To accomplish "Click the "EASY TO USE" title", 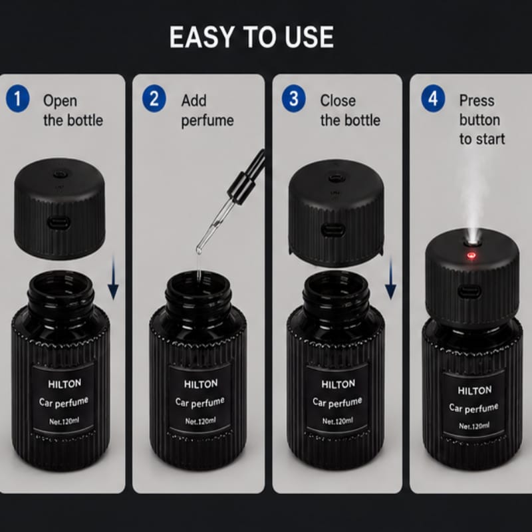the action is (x=251, y=37).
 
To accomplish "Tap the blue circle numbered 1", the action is (x=18, y=98).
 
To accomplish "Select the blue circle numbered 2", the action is (x=154, y=98).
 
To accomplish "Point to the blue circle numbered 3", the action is (x=294, y=98).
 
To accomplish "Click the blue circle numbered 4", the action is (x=433, y=98).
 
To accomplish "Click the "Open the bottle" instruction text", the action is (x=73, y=110).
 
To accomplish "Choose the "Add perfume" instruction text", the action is (x=207, y=111).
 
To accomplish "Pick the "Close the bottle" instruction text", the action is (x=350, y=110).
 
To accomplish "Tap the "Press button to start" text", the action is (x=482, y=120).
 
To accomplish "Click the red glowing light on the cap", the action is (x=471, y=255).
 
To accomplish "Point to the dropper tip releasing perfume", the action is (x=199, y=251).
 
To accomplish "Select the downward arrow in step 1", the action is (x=113, y=277).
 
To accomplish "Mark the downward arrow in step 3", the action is (x=390, y=277).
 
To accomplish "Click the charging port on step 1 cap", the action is (x=59, y=223).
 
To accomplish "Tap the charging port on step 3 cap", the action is (x=333, y=230).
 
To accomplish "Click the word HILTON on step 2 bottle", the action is (x=201, y=384).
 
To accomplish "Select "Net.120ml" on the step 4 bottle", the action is (x=474, y=426).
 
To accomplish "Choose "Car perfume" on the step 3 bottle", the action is (x=337, y=402).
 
